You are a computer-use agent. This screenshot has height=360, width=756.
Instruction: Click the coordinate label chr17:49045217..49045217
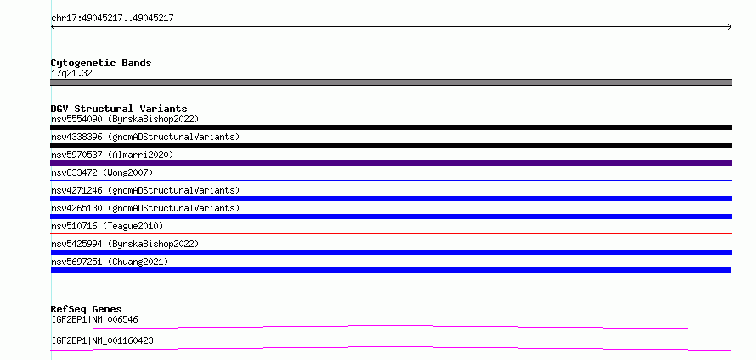coord(112,19)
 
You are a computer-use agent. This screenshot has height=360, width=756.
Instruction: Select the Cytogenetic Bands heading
coord(101,63)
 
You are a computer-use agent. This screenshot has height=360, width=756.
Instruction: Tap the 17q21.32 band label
coord(71,73)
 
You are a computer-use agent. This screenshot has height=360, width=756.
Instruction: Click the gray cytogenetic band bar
coord(391,82)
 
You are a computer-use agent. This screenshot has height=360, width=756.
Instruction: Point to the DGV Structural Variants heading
coord(119,109)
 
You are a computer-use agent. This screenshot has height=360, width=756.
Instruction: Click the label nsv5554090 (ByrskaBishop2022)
coord(125,119)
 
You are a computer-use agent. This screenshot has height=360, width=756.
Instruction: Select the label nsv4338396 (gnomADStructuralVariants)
coord(145,137)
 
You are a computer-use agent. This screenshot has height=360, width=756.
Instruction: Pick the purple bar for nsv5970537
coord(391,163)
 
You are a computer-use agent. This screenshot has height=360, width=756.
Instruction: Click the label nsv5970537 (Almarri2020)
coord(112,155)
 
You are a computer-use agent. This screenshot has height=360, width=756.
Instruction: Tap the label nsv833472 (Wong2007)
coord(102,172)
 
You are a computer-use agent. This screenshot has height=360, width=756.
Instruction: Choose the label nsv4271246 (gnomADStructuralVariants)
coord(145,190)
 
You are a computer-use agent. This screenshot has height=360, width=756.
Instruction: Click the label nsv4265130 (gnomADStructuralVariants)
coord(145,208)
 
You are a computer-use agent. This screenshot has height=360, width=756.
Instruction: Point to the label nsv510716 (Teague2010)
coord(107,226)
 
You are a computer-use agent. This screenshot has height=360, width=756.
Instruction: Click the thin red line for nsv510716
coord(391,233)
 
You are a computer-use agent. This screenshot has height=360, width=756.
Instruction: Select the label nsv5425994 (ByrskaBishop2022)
coord(125,244)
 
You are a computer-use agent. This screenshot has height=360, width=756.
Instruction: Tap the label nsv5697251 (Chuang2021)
coord(110,262)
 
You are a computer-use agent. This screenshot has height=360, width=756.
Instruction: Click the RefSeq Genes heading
coord(87,309)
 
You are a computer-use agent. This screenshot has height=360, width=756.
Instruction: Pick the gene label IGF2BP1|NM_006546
coord(95,319)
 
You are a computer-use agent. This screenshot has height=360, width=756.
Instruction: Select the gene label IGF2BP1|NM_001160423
coord(102,340)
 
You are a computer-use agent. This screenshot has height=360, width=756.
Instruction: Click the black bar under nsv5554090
coord(391,127)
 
